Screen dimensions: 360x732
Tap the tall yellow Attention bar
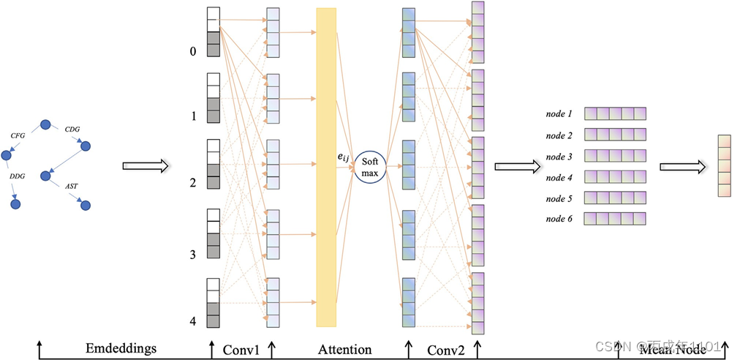pos(326,167)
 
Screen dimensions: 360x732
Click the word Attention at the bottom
pos(344,350)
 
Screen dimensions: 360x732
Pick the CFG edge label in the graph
pos(18,135)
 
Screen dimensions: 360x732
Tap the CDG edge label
pos(72,130)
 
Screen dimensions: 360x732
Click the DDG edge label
pos(18,176)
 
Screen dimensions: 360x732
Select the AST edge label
pos(72,187)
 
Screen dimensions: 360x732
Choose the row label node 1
pos(559,114)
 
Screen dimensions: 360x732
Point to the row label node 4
pos(559,177)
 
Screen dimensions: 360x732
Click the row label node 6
pos(559,219)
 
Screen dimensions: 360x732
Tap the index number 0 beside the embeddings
pos(193,51)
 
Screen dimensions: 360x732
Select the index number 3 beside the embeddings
pos(193,255)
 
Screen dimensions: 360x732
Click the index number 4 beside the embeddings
pos(193,321)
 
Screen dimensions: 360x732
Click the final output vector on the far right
pos(724,166)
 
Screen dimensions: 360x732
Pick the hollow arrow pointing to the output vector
pos(683,166)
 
